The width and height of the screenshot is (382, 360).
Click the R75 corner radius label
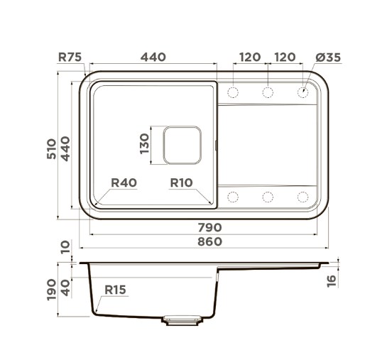70,58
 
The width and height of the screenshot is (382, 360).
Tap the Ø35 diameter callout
328,58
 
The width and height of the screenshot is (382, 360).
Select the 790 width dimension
209,227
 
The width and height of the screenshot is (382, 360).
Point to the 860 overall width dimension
209,241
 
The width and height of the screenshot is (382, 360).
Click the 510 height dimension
52,149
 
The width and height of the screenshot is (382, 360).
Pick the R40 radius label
124,182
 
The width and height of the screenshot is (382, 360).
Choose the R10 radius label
181,182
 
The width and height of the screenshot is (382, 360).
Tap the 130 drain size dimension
144,143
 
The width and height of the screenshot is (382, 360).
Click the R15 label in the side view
115,290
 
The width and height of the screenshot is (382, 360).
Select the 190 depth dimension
52,290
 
